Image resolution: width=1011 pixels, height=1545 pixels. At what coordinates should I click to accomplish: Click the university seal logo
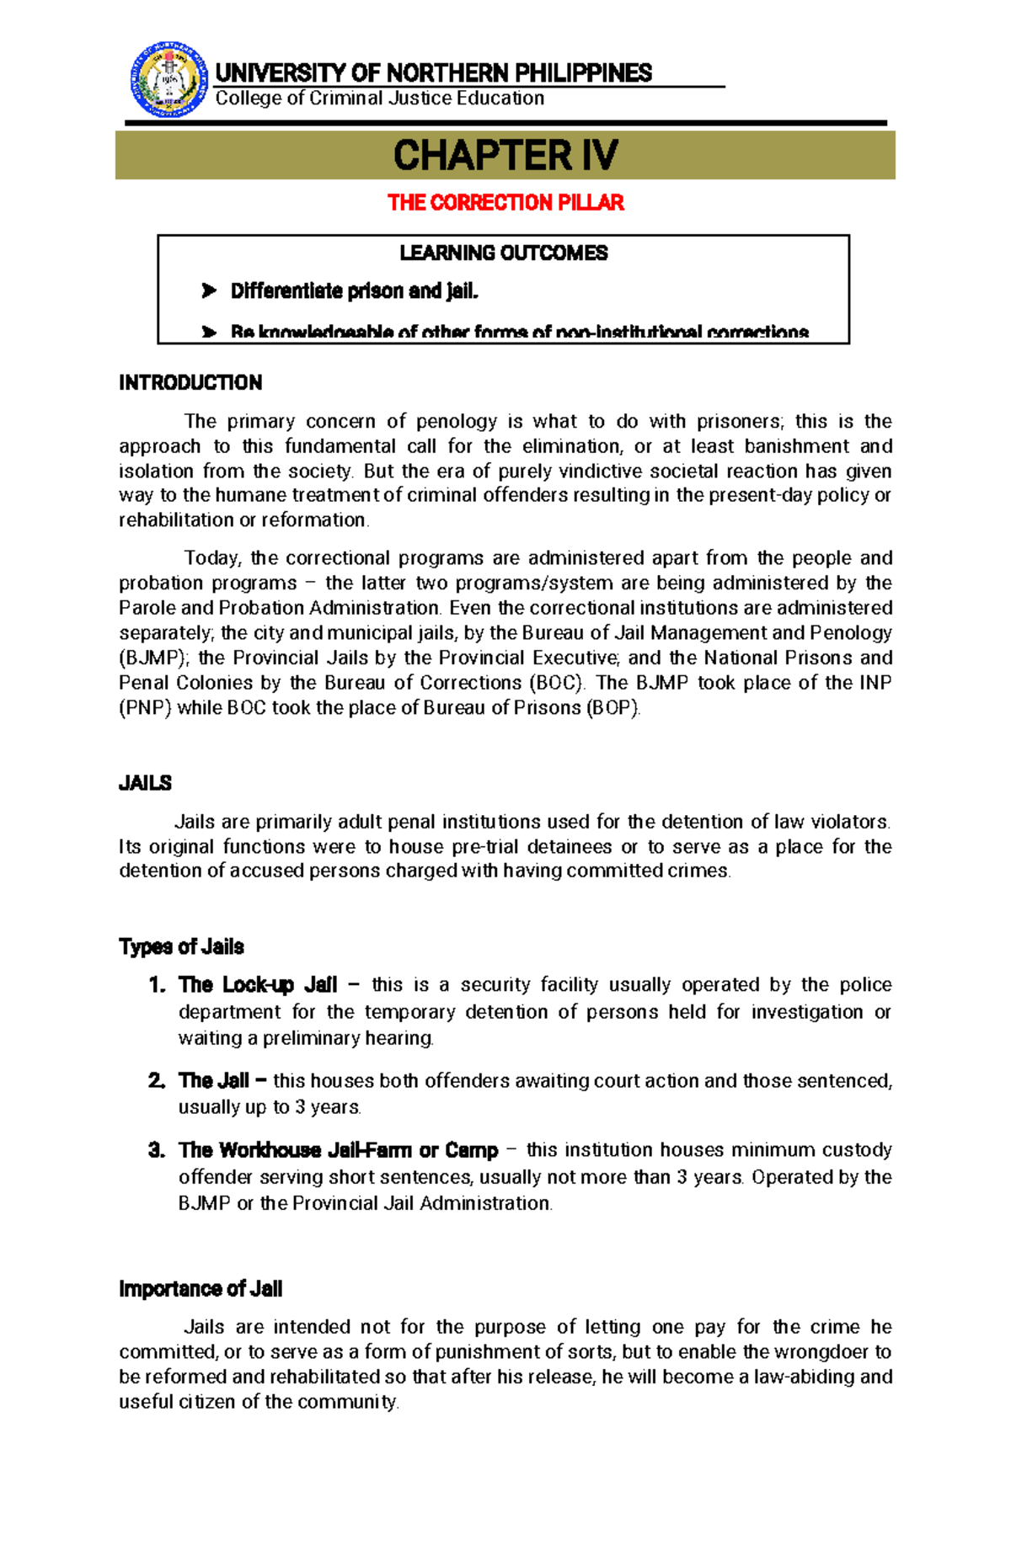168,80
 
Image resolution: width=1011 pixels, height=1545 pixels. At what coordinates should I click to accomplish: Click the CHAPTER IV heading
505,156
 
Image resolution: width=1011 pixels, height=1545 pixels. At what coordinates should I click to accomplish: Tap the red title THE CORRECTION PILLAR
505,203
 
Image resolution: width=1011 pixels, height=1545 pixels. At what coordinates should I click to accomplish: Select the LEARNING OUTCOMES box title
503,253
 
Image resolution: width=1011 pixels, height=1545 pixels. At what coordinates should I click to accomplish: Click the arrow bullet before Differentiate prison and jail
209,291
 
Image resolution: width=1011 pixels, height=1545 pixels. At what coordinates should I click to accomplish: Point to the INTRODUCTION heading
190,383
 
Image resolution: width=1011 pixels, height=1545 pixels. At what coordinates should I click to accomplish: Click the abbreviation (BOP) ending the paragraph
613,708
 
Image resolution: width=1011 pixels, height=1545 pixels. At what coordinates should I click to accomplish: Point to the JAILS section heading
145,783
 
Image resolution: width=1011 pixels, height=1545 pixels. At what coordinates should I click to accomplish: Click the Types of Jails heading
181,947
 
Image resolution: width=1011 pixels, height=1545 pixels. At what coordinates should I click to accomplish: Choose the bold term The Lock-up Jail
258,985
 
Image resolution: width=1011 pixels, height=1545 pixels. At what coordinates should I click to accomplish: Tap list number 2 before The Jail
157,1081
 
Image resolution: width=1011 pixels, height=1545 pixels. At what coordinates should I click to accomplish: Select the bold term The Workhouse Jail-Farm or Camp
338,1150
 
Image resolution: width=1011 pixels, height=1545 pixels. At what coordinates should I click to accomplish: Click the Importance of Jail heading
201,1289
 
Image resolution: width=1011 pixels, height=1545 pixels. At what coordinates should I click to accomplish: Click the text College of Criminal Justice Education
380,99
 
